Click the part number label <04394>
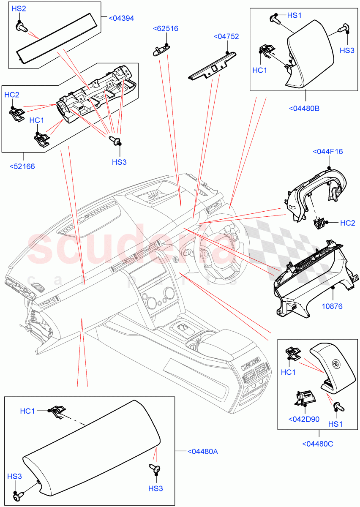click(x=121, y=18)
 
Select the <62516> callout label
click(x=165, y=29)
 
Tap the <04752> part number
click(x=226, y=37)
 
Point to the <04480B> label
click(x=304, y=108)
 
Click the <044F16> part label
click(x=327, y=152)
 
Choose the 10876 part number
click(x=333, y=307)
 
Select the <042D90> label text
click(x=303, y=419)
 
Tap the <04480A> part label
click(x=202, y=452)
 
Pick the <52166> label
click(x=22, y=166)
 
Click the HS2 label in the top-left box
click(x=18, y=8)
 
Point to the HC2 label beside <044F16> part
click(x=347, y=223)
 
